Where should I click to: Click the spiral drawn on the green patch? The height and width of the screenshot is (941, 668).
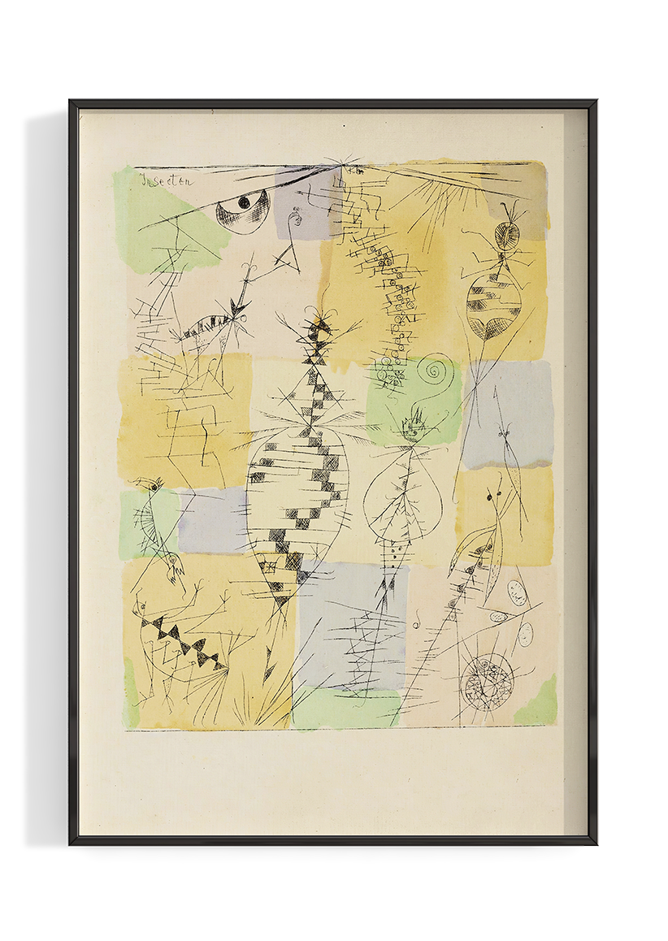point(436,374)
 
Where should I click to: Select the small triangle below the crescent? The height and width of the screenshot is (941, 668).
point(286,258)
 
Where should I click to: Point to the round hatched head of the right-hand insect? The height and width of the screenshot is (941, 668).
point(508,235)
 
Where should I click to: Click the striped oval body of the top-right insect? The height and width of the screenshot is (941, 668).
point(493,304)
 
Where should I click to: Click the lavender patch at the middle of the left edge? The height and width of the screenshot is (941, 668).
point(213,520)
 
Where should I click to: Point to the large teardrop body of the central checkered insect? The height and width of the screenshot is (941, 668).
point(297,504)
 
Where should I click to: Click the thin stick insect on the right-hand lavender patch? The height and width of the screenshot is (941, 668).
point(508,439)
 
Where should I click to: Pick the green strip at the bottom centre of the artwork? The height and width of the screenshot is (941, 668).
point(345,709)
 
